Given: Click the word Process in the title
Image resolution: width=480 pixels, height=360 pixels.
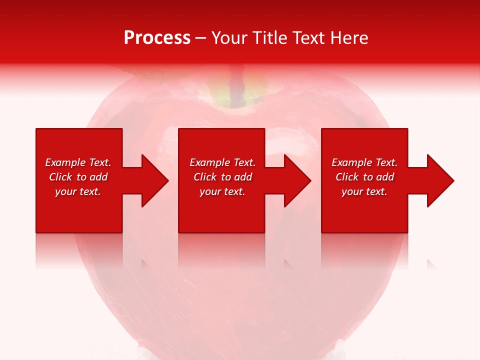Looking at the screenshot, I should pos(157,38).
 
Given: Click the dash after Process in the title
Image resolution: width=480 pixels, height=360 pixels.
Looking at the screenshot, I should pos(200,38).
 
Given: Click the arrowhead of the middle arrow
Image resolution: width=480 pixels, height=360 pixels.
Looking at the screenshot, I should pos(298,180).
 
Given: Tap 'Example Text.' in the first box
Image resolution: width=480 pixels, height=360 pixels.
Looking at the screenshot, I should pos(78,162).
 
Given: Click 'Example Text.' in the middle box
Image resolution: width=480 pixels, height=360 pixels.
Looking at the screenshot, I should pos(222,162).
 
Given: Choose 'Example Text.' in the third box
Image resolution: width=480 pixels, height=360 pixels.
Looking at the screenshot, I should pos(364,162).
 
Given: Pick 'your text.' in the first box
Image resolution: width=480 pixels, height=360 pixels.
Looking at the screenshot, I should pos(78,191).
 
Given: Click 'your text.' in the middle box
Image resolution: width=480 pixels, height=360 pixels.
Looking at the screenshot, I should pos(222,191).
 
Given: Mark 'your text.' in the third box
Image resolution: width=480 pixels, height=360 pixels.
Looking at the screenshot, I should pos(364,191).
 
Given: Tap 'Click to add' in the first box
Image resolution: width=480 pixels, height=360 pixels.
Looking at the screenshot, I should pos(78,177).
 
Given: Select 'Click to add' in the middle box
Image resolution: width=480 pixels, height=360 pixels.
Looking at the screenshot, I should pos(222,177).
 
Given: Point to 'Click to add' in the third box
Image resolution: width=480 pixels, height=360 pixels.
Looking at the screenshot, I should pos(364,177).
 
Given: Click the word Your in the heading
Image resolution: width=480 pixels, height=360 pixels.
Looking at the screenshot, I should pos(230,38).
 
